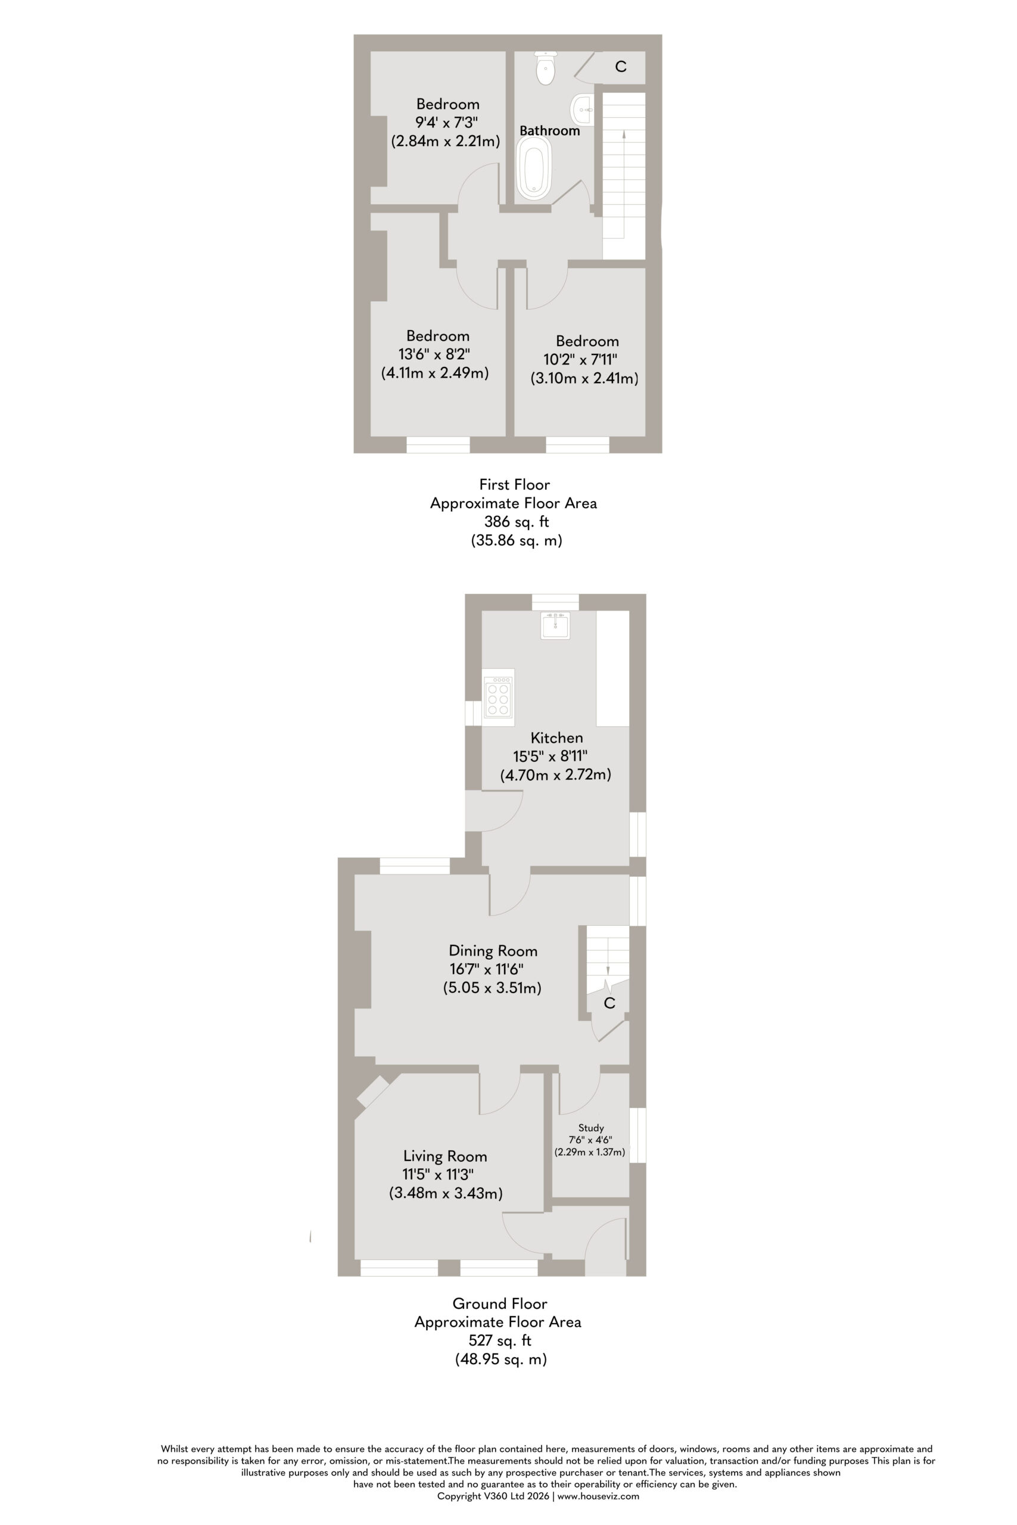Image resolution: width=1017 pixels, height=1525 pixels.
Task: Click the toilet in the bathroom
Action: tap(545, 68)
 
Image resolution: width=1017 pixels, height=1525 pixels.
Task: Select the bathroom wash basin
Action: tap(582, 110)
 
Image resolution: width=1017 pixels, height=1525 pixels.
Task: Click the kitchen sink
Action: tap(555, 625)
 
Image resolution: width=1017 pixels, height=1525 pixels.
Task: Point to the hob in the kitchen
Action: tap(498, 697)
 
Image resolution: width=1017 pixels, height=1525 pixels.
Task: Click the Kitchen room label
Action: tap(556, 737)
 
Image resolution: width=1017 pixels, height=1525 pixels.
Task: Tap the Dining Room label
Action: tap(493, 951)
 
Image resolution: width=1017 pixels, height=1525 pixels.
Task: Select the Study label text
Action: tap(591, 1128)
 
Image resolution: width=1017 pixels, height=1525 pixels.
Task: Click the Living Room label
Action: tap(445, 1156)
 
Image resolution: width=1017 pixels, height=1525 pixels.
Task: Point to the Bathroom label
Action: tap(549, 130)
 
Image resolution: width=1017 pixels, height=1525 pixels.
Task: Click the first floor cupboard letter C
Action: tap(621, 66)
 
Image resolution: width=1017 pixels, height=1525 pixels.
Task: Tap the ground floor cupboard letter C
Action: tap(609, 1003)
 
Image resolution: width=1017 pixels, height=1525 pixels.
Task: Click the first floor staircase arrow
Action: tap(624, 184)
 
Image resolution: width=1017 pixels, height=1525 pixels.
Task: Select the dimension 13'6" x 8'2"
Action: tap(434, 354)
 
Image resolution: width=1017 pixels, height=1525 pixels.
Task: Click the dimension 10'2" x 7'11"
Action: tap(580, 359)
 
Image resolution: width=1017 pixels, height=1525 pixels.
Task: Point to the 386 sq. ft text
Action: tap(517, 521)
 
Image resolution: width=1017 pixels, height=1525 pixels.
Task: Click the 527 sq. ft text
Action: tap(499, 1340)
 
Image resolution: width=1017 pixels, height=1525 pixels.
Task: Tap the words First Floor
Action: tap(514, 484)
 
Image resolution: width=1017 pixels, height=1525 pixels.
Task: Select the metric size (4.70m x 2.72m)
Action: tap(555, 774)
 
